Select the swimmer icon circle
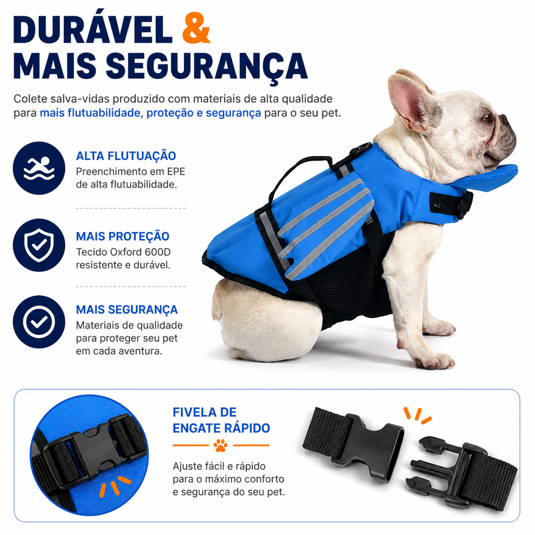pos(39,168)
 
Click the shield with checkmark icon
pos(39,245)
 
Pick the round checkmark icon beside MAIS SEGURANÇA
pos(39,322)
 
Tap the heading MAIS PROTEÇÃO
pos(122,236)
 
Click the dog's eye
pos(487,118)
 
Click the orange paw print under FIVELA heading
pos(221,445)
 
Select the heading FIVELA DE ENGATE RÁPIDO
pos(221,420)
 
